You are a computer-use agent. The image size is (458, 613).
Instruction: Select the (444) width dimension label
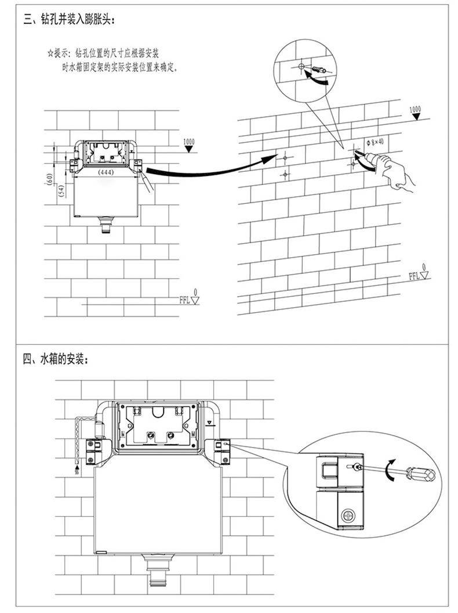pos(106,172)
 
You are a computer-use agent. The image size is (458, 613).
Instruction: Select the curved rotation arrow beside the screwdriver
pos(392,467)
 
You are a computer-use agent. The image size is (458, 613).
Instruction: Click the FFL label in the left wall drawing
pos(186,300)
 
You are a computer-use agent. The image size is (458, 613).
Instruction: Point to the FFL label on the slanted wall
pos(415,275)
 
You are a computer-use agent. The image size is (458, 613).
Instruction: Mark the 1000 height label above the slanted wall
pos(415,110)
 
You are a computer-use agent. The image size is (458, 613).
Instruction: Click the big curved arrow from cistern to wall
pos(197,168)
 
